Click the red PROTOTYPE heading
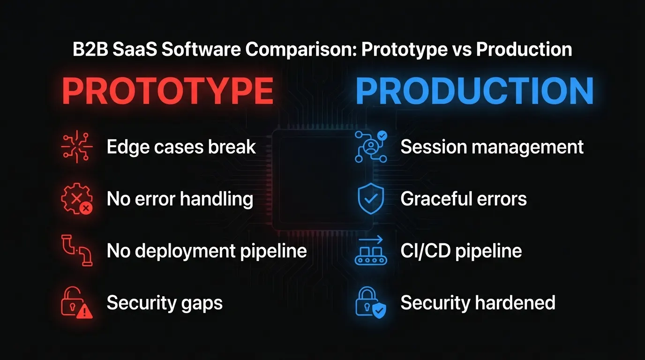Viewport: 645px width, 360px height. [167, 91]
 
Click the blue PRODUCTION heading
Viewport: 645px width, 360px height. [474, 91]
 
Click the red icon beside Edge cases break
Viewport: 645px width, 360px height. [77, 147]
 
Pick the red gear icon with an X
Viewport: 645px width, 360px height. [77, 199]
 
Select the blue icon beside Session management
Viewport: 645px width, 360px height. [371, 147]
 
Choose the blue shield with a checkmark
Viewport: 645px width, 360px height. [371, 199]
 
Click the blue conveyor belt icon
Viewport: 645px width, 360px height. [371, 251]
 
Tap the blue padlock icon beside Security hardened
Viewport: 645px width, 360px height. [371, 302]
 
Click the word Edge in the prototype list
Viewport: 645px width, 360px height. [125, 147]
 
